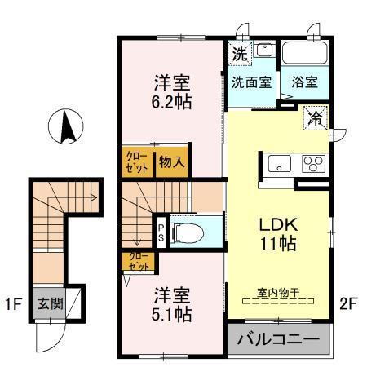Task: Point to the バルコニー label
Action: tap(278, 339)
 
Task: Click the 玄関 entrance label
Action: tap(46, 303)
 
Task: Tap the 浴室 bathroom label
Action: tap(304, 82)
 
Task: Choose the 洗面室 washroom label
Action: tap(251, 82)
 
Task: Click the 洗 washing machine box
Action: tap(239, 55)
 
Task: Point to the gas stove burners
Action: tap(312, 163)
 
